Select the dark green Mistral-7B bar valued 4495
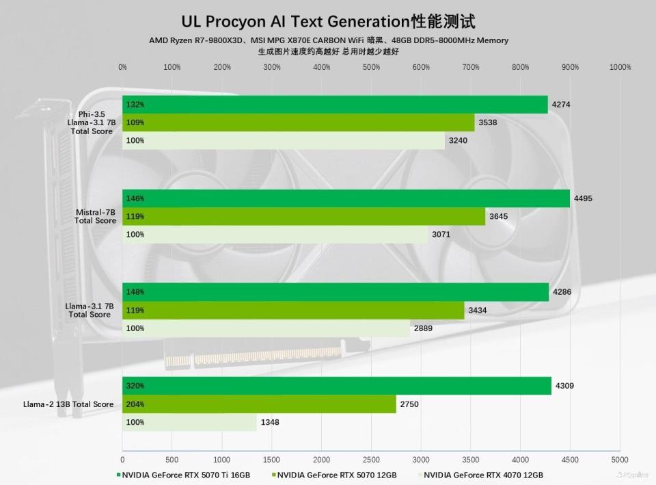[346, 198]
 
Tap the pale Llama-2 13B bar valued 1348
[189, 422]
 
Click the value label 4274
[561, 105]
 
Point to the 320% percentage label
[135, 386]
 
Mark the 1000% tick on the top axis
[620, 67]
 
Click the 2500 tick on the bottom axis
[371, 460]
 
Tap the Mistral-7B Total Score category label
[95, 217]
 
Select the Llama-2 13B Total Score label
[68, 404]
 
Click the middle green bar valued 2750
[259, 404]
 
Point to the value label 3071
[441, 235]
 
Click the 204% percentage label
[135, 404]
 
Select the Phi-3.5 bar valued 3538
[298, 122]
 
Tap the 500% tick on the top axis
[371, 67]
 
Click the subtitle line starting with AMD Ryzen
[328, 40]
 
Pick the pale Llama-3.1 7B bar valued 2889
[266, 328]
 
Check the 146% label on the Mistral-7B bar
[135, 198]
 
